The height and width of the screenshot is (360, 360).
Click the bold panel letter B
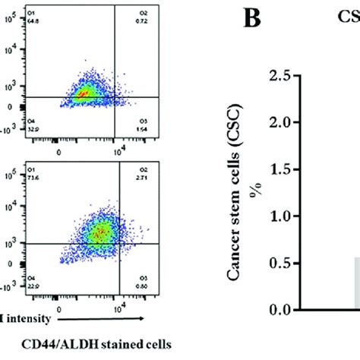[x=248, y=20]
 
